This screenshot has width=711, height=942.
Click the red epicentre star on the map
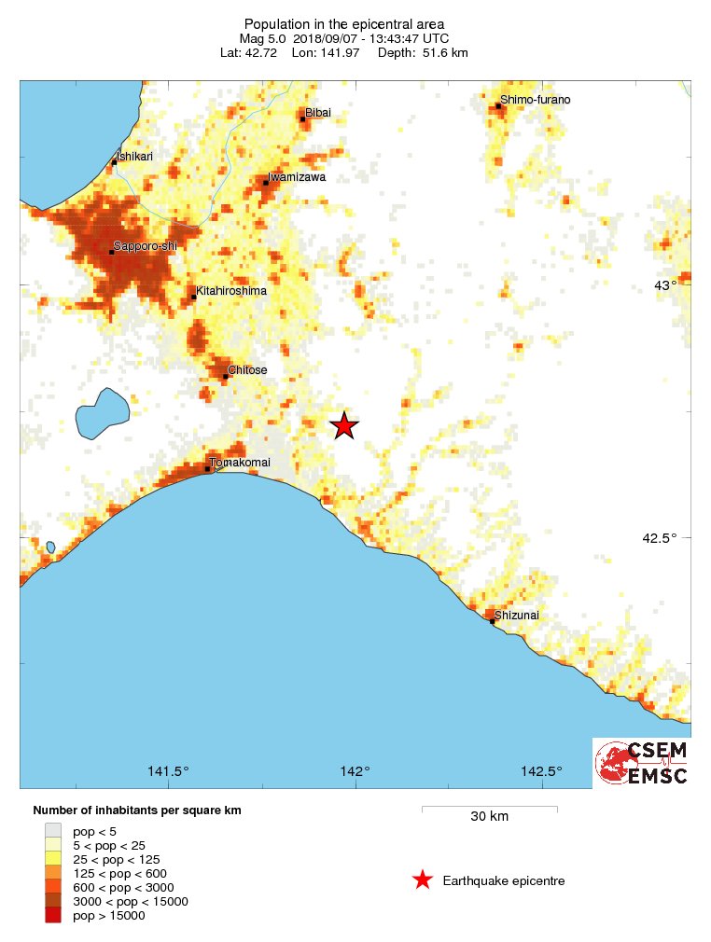click(x=344, y=425)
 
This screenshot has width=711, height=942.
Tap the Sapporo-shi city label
click(x=146, y=246)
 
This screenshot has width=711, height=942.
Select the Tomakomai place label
click(x=240, y=463)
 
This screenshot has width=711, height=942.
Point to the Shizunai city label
click(x=517, y=616)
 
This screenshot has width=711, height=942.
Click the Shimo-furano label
click(x=535, y=100)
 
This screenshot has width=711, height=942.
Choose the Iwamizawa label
click(x=297, y=176)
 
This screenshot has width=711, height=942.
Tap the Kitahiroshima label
click(x=230, y=291)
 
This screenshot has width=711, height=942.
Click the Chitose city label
click(x=247, y=370)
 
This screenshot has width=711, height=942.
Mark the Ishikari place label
click(x=132, y=157)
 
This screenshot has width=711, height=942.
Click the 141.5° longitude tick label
click(x=169, y=771)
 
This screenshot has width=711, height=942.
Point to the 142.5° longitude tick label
click(x=541, y=771)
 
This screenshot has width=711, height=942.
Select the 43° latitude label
click(x=664, y=285)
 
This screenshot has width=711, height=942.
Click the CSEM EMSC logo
click(x=642, y=763)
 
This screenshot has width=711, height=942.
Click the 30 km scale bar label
click(x=489, y=817)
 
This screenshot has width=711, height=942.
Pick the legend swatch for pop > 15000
click(x=54, y=916)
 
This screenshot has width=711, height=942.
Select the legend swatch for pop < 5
click(x=54, y=828)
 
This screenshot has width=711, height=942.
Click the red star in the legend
click(x=423, y=880)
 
